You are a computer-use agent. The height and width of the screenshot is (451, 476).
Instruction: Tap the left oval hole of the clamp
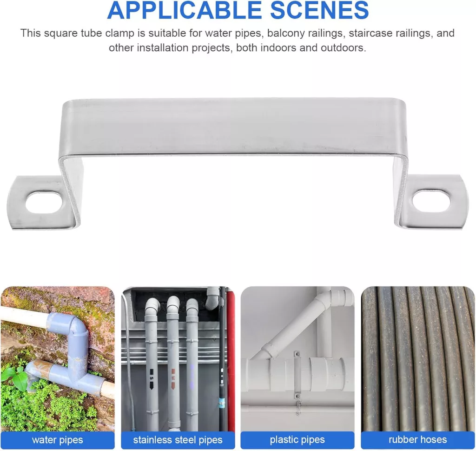pyautogui.click(x=46, y=202)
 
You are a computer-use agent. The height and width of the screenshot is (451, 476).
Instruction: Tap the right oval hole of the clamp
pyautogui.click(x=431, y=201)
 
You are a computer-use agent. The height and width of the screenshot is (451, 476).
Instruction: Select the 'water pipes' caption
pyautogui.click(x=57, y=440)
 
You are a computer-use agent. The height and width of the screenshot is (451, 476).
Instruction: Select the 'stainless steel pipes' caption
pyautogui.click(x=178, y=440)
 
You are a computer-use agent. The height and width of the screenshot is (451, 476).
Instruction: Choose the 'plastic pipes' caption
pyautogui.click(x=297, y=440)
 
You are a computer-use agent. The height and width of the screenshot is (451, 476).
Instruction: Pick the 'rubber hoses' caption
pyautogui.click(x=418, y=440)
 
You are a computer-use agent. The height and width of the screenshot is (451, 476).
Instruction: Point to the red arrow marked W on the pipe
pyautogui.click(x=173, y=378)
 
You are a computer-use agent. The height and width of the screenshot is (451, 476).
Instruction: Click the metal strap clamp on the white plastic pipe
pyautogui.click(x=297, y=375)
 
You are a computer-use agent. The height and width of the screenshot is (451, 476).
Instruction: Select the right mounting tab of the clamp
pyautogui.click(x=434, y=202)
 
